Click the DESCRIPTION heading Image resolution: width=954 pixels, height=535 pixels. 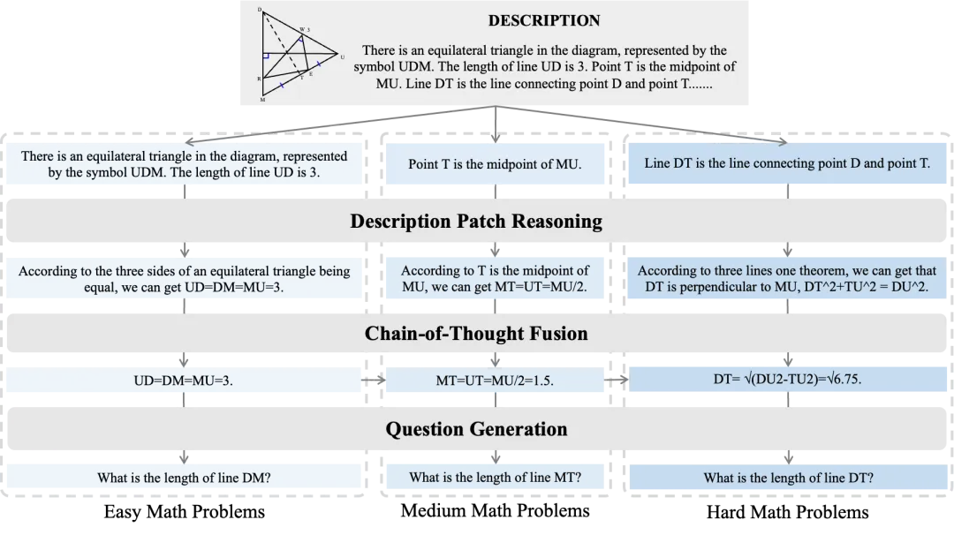(544, 20)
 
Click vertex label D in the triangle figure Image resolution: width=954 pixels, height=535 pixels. (260, 10)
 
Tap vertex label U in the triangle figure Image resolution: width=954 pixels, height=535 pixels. (342, 57)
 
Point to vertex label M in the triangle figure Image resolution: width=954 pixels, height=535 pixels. (262, 100)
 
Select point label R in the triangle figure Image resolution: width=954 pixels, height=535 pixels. (259, 79)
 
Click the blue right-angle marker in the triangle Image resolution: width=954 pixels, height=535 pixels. (265, 56)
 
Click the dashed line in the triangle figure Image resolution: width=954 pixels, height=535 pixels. (283, 45)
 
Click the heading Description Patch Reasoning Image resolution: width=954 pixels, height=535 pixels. (476, 221)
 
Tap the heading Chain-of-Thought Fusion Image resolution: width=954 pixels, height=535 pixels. (476, 333)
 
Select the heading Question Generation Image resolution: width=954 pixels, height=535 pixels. (476, 429)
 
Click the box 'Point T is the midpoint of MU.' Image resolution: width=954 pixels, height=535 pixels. (495, 164)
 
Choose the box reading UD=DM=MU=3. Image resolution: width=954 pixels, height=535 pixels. (184, 381)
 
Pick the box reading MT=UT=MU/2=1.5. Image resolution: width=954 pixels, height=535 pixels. (495, 381)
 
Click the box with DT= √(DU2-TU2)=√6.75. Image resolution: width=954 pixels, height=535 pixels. (787, 379)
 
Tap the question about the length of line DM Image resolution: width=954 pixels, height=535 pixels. (184, 478)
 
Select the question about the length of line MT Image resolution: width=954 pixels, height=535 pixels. (495, 478)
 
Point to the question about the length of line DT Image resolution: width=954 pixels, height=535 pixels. (787, 478)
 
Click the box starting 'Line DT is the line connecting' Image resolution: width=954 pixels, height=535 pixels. (787, 163)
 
